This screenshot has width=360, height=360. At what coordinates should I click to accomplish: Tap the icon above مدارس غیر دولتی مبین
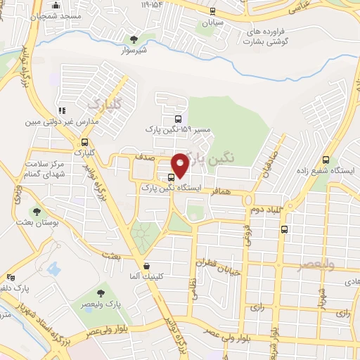pyautogui.click(x=62, y=110)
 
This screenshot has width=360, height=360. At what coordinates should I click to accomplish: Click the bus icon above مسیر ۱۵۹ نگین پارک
pyautogui.click(x=176, y=119)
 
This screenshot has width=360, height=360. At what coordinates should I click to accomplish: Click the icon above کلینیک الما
pyautogui.click(x=146, y=266)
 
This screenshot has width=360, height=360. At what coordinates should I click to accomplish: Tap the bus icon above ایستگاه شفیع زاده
pyautogui.click(x=325, y=160)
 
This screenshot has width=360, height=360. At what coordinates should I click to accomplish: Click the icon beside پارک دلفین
pyautogui.click(x=10, y=277)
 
